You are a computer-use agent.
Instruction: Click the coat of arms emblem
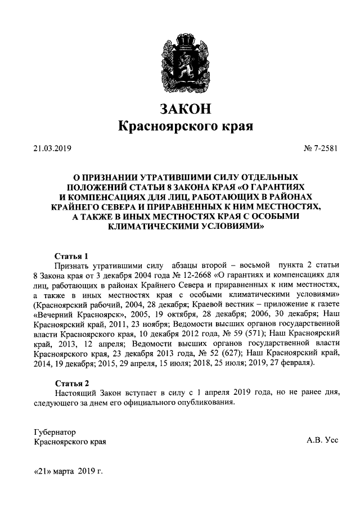pos(179,58)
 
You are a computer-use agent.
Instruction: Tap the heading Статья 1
pos(71,255)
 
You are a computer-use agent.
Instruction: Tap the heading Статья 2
pos(71,382)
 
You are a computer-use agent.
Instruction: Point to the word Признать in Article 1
pos(71,265)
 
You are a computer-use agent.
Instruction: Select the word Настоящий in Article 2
pos(76,392)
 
